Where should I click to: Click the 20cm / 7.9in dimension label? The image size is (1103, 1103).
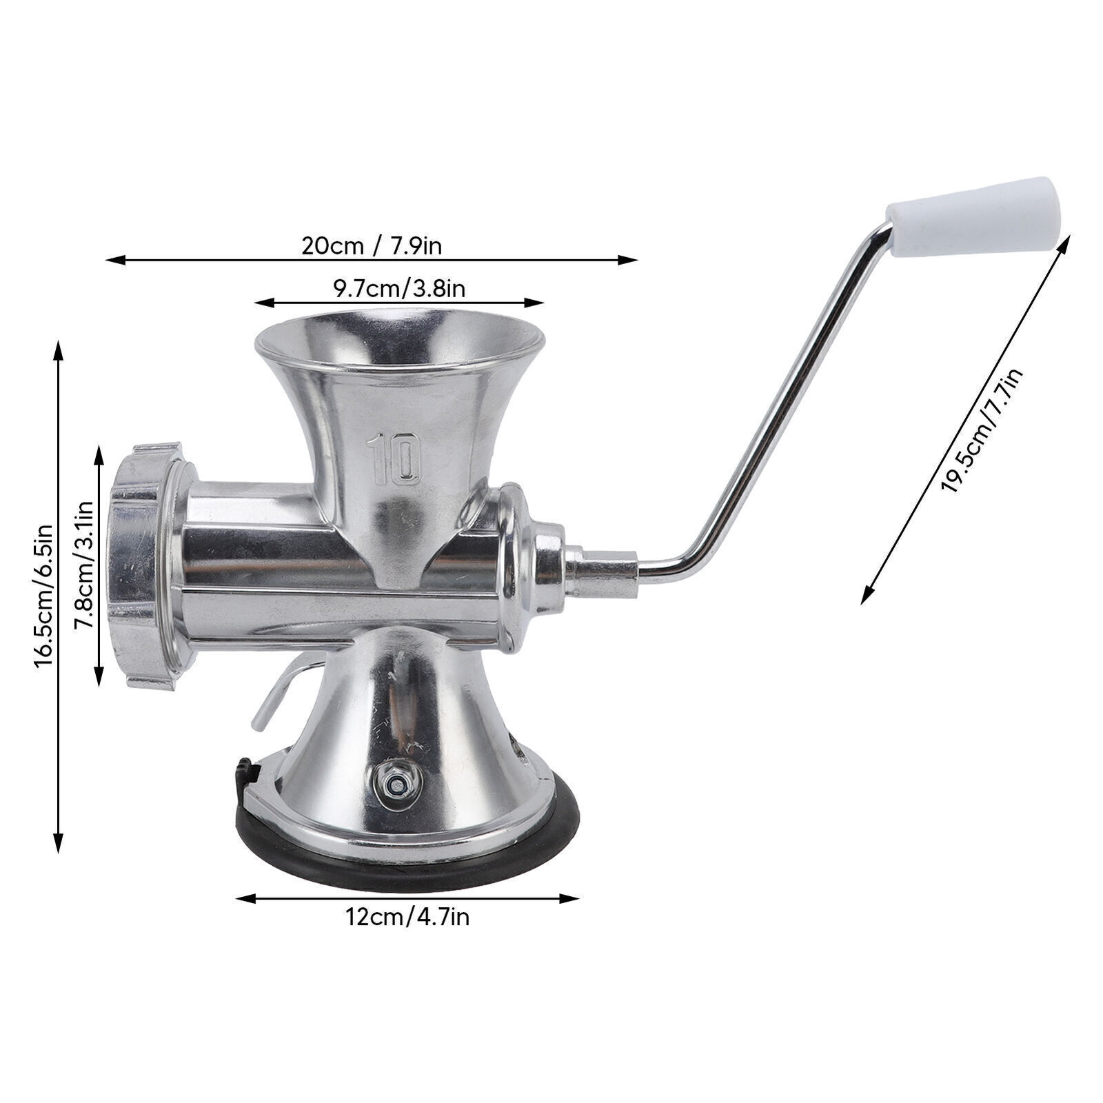(x=371, y=245)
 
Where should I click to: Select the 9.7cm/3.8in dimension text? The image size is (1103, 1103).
(x=399, y=288)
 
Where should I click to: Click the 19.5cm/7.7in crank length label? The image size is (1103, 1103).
(x=982, y=432)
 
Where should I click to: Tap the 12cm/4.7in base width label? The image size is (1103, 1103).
(x=407, y=918)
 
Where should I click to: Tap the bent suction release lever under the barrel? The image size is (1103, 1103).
(x=276, y=693)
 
